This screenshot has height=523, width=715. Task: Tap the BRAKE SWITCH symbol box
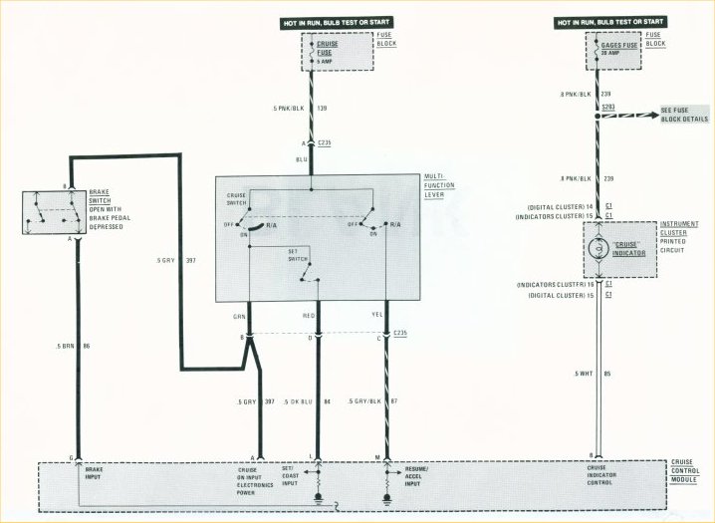(x=49, y=211)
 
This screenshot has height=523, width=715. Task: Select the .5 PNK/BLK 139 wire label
(x=290, y=107)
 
